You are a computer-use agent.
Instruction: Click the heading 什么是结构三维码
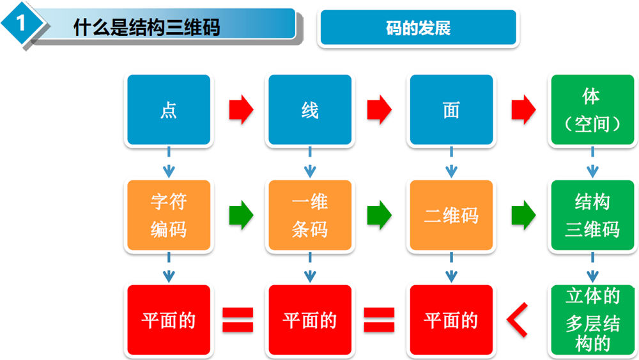[x=147, y=27]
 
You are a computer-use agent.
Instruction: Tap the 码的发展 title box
[x=418, y=27]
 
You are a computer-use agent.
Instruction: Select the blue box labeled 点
[x=169, y=110]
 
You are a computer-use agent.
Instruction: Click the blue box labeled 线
[x=310, y=110]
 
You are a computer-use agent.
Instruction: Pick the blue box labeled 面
[x=451, y=110]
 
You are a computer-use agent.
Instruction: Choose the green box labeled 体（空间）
[x=592, y=110]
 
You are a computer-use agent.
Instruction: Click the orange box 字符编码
[x=169, y=215]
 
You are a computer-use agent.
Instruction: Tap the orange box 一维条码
[x=310, y=215]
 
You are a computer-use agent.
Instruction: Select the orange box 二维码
[x=451, y=215]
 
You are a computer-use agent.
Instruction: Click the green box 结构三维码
[x=592, y=215]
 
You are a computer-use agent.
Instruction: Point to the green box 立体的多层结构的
[x=592, y=320]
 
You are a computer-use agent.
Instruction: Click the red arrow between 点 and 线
[x=241, y=109]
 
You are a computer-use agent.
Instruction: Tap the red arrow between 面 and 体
[x=523, y=109]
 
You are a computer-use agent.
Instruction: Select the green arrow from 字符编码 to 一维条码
[x=241, y=215]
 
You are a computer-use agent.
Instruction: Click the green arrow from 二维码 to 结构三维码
[x=523, y=215]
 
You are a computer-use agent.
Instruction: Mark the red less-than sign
[x=518, y=320]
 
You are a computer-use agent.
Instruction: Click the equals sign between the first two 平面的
[x=238, y=320]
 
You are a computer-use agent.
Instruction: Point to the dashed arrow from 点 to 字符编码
[x=169, y=162]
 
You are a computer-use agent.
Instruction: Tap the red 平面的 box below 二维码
[x=451, y=320]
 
